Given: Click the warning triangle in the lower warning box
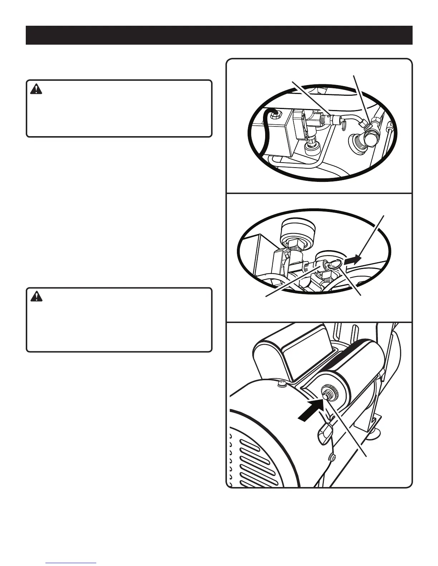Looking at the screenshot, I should click(36, 297).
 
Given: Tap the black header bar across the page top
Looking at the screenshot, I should click(219, 35).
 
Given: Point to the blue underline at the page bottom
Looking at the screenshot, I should click(71, 563).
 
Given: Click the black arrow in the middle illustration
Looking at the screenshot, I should click(352, 260).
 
